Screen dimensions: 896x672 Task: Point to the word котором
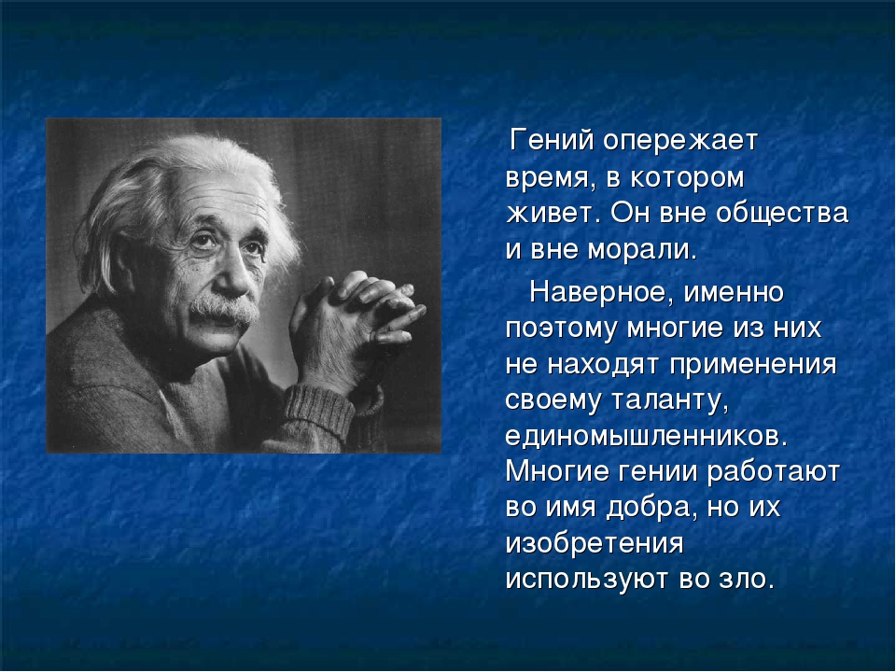coord(688,178)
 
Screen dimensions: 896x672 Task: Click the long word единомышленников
coord(646,437)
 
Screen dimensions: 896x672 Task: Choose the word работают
coord(773,471)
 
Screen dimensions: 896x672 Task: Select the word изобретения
coord(595,544)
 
